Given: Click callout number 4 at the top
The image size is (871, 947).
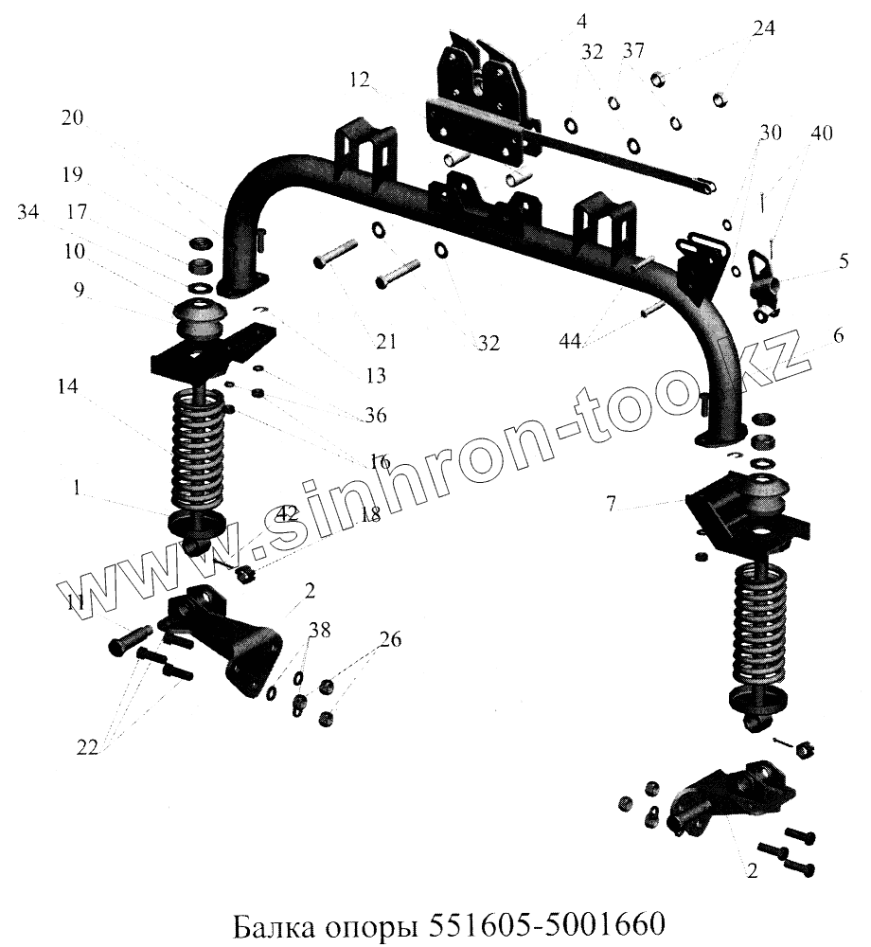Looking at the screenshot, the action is tap(581, 19).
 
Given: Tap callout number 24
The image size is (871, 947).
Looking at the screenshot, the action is tap(763, 29).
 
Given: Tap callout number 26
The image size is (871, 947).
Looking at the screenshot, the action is tap(389, 640).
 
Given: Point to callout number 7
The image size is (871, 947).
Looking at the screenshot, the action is tap(613, 505).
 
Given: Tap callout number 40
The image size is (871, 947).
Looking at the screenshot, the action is tap(822, 134).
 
